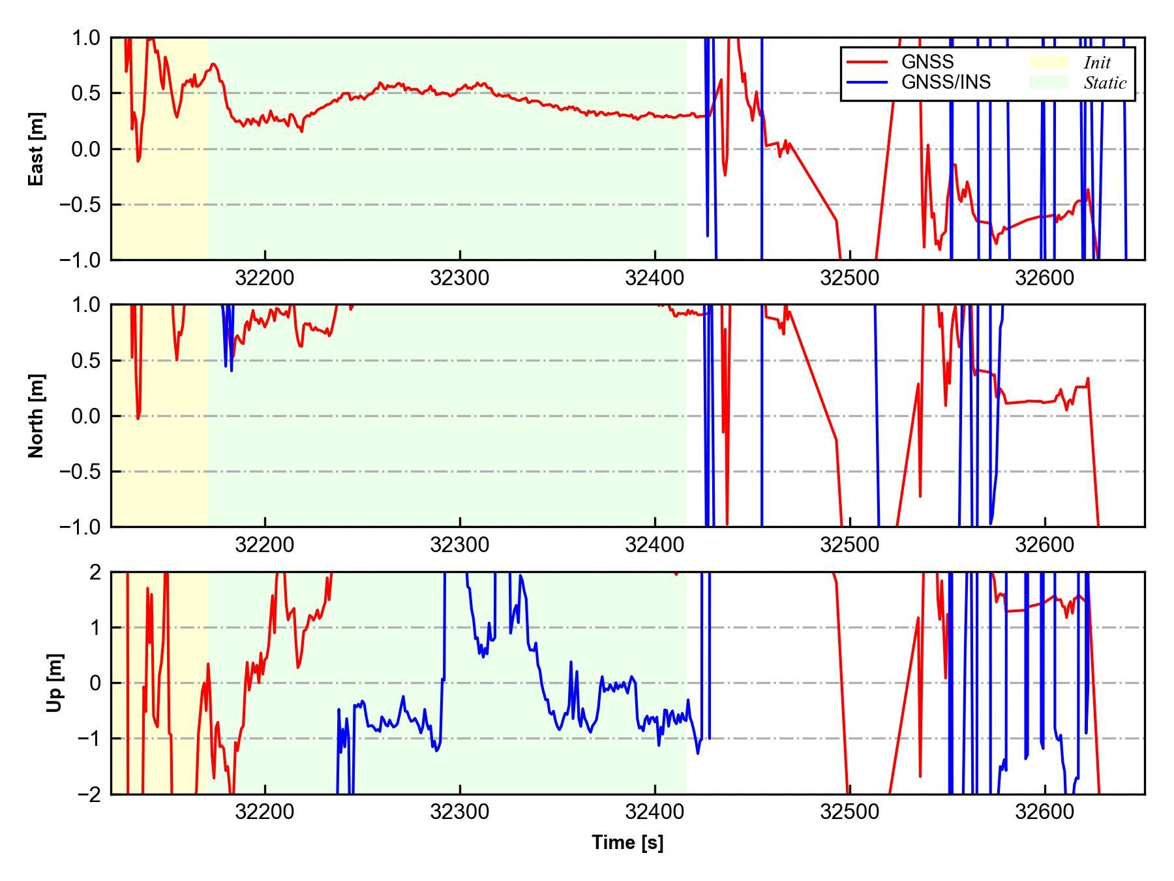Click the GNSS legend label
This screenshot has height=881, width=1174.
coord(927,62)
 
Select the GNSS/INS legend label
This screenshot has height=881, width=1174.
coord(946,82)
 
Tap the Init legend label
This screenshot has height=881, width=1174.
coord(1097,63)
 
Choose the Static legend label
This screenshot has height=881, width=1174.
coord(1105,83)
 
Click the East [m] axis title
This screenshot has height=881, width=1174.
coord(37,149)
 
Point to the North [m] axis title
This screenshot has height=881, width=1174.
coord(37,416)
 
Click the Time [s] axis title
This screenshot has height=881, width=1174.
coord(627,842)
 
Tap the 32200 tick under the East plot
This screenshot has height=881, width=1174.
coord(264,278)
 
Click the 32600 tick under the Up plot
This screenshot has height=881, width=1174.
coord(1044,812)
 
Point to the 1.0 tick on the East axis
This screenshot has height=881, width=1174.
coord(86,38)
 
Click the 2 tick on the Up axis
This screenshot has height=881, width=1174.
coord(96,572)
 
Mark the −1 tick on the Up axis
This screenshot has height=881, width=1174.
coord(89,739)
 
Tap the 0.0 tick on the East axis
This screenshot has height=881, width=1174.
coord(86,149)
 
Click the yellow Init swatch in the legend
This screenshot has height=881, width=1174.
coord(1049,62)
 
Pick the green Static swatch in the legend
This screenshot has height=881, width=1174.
coord(1049,82)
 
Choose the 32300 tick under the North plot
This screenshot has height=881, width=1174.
coord(459,545)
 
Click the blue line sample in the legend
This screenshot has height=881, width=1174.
coord(867,82)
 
